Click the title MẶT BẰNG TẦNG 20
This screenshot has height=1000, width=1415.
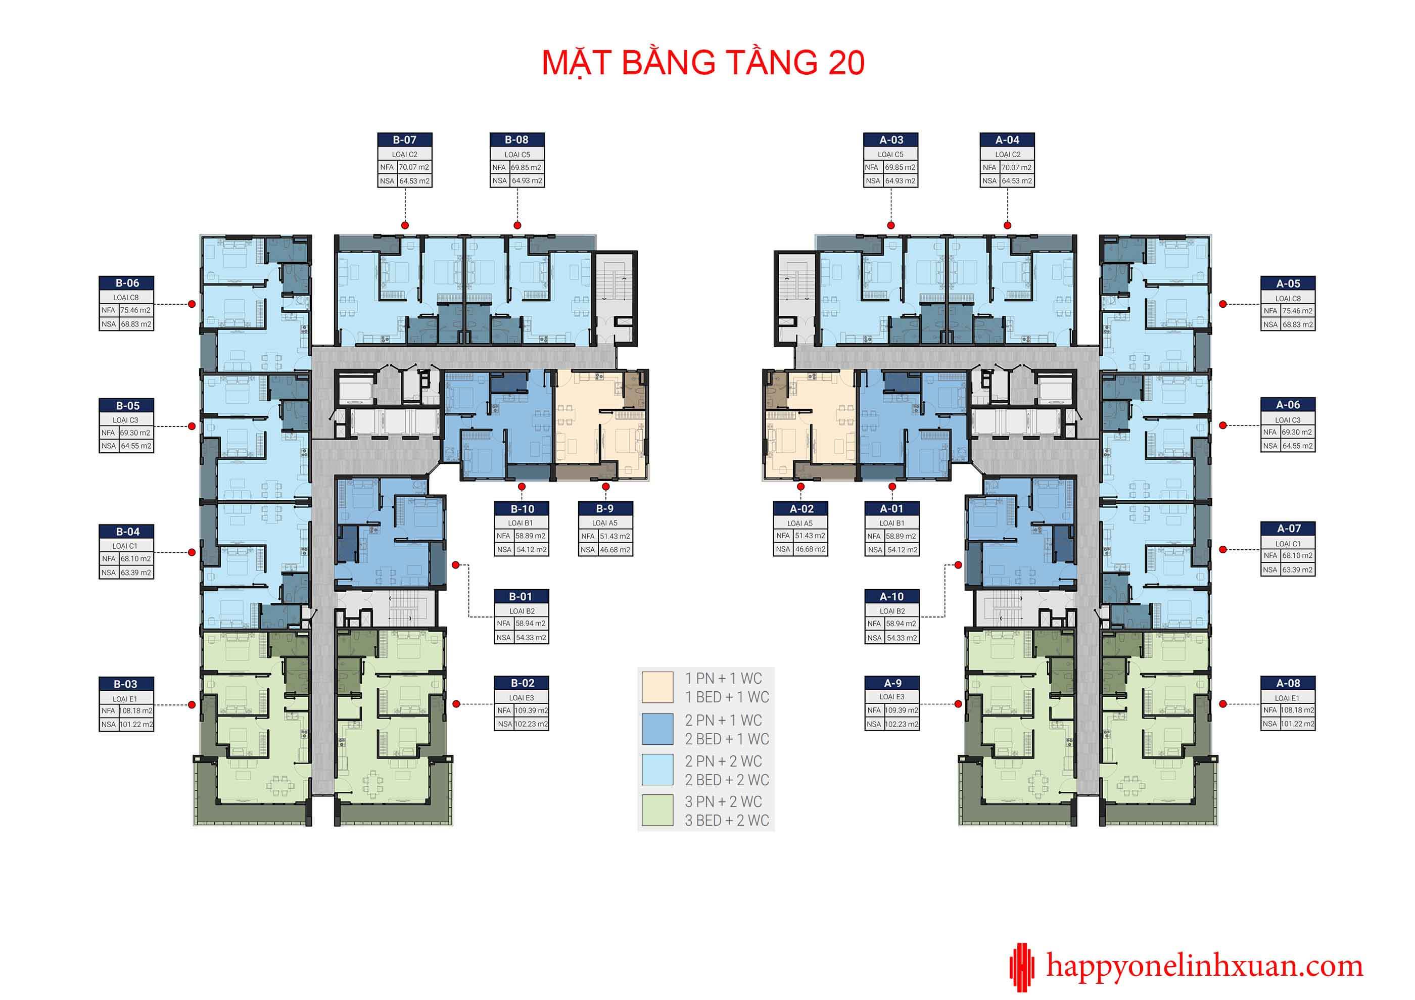tap(703, 63)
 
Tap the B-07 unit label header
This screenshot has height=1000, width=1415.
tap(405, 140)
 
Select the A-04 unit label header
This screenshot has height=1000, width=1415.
tap(1007, 140)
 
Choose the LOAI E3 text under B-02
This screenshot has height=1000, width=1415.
tap(522, 697)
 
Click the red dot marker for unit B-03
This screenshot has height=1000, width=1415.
tap(192, 705)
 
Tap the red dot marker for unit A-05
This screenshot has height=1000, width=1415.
tap(1223, 304)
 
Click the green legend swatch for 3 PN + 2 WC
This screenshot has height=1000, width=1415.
tap(657, 810)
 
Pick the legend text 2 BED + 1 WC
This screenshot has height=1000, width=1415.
tap(727, 739)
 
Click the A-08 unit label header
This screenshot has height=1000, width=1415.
tap(1288, 683)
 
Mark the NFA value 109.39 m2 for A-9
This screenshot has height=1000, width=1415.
tap(901, 710)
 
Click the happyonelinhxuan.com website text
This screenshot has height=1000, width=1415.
tap(1205, 967)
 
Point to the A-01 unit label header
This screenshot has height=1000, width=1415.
tap(892, 509)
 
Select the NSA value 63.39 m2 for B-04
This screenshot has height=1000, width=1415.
tap(135, 573)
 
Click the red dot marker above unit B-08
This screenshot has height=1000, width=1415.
tap(517, 225)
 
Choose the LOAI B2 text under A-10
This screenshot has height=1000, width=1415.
tap(892, 610)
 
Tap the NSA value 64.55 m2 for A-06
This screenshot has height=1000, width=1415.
tap(1297, 446)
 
